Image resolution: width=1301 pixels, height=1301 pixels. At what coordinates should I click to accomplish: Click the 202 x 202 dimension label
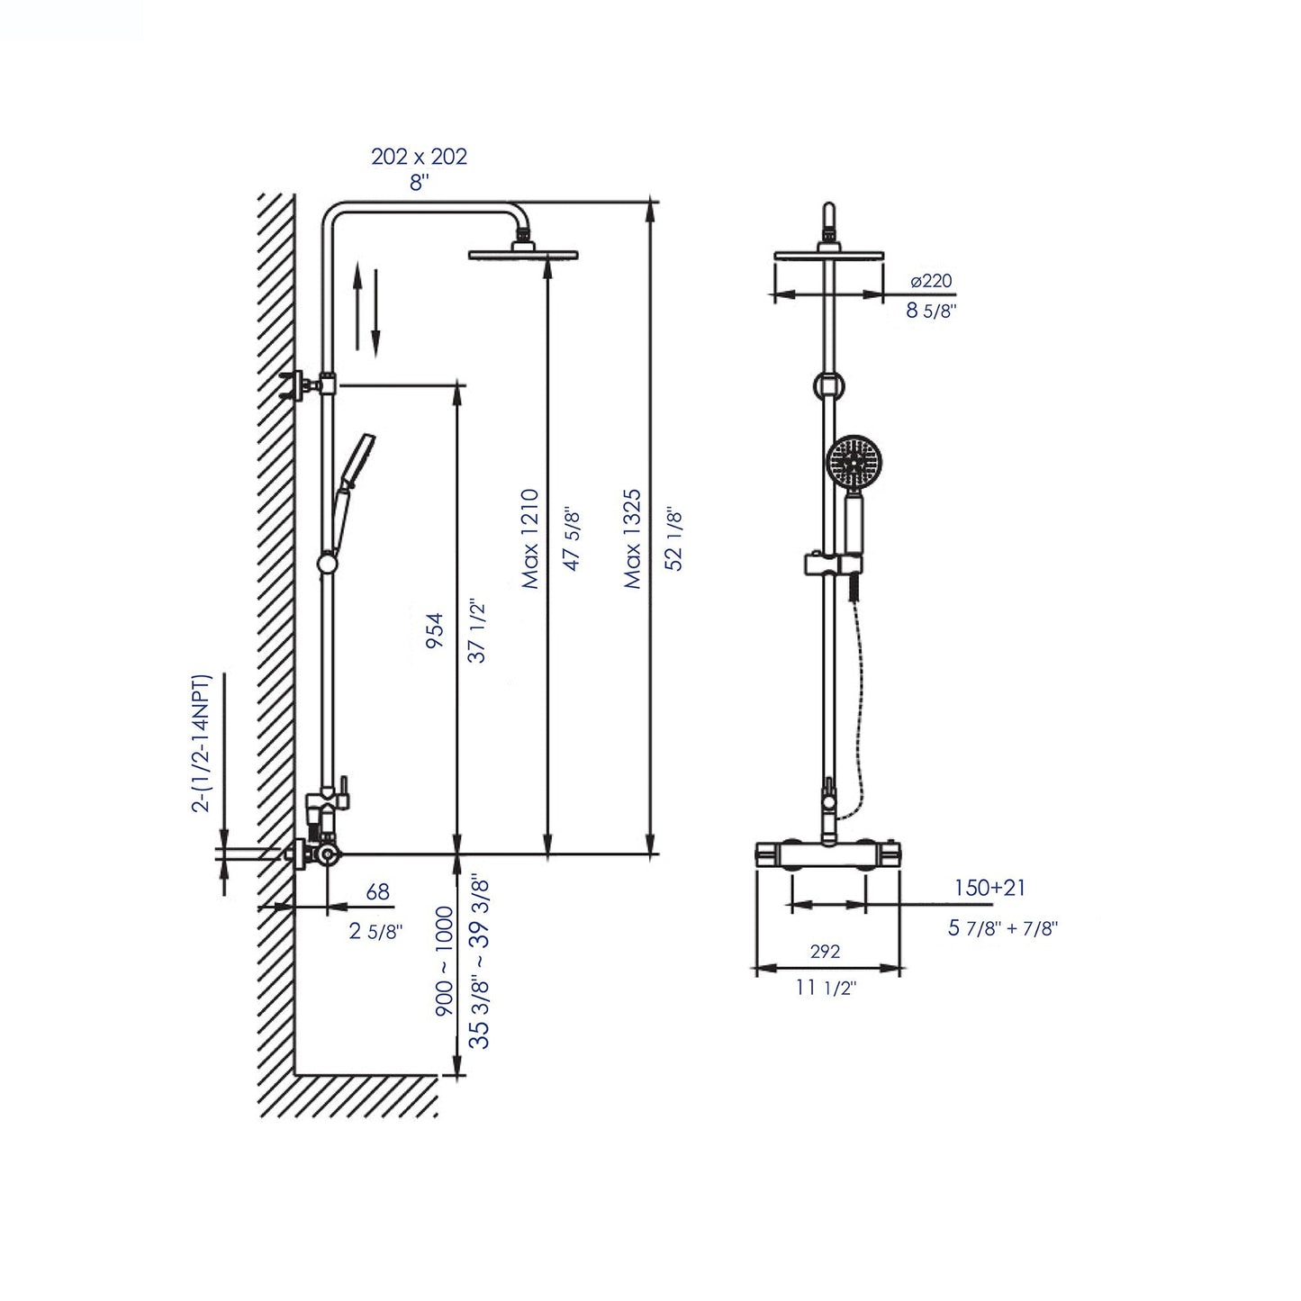tap(419, 156)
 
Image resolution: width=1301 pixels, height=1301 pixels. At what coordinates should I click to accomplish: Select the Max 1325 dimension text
tap(633, 538)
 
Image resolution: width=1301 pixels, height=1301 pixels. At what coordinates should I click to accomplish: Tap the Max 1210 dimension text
tap(530, 538)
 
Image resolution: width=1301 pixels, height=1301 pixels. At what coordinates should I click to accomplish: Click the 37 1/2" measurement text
tap(478, 632)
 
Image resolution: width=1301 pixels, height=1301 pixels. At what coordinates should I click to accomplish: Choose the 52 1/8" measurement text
tap(674, 538)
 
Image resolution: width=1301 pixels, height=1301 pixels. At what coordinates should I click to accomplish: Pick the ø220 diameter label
tap(931, 281)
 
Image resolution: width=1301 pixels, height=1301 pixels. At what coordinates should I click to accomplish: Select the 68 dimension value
tap(378, 891)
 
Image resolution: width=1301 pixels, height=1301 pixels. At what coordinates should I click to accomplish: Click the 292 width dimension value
tap(825, 951)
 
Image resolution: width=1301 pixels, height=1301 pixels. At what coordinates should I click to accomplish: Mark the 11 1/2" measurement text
tap(826, 988)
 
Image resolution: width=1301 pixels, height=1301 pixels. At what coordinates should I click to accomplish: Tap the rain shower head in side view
tap(523, 255)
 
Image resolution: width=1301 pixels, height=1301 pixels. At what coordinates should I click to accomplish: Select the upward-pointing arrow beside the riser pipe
tap(357, 304)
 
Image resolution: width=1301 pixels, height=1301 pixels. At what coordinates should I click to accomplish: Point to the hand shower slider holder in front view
tap(826, 565)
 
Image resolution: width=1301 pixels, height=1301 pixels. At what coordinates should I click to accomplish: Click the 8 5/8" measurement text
tap(930, 312)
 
